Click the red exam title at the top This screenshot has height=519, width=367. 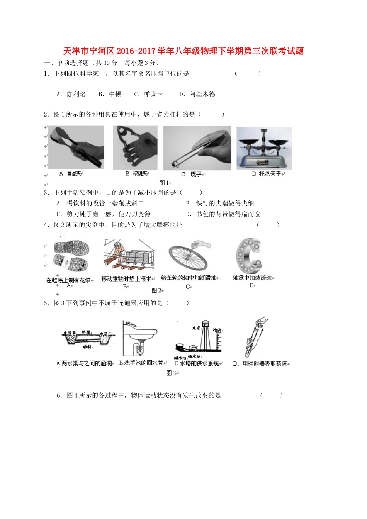click(x=183, y=51)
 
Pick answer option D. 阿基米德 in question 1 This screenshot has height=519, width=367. click(x=197, y=94)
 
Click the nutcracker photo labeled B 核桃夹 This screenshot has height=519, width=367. click(x=135, y=148)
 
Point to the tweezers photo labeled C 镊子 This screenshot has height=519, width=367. click(x=197, y=148)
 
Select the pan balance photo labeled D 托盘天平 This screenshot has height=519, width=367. click(x=264, y=148)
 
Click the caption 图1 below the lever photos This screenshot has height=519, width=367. click(x=164, y=183)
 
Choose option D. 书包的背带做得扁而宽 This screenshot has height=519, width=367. click(x=223, y=214)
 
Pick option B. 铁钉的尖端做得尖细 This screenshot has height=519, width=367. click(x=220, y=203)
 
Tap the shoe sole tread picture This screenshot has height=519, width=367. click(x=71, y=257)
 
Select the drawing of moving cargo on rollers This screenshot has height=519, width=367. click(x=129, y=255)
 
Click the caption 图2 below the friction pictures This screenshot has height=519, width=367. click(x=156, y=290)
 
